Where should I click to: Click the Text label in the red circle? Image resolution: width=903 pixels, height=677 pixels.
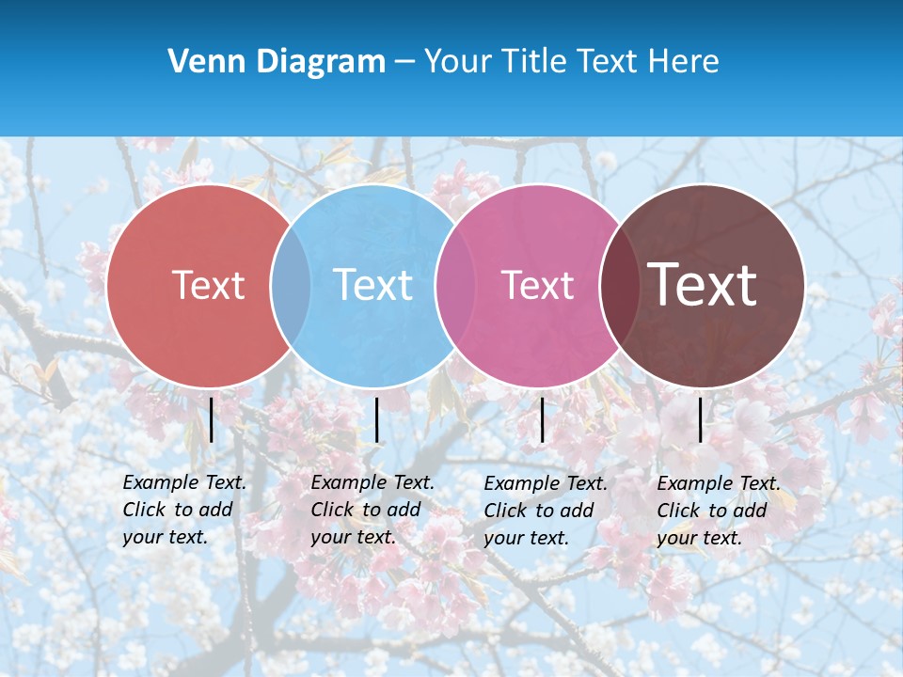coord(208,285)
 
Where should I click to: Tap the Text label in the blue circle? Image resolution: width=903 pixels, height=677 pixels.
coord(372,285)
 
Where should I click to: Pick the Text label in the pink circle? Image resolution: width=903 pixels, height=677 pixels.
coord(537,285)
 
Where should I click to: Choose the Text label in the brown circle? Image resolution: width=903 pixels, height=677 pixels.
coord(703,285)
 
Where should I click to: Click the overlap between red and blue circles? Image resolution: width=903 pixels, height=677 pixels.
coord(291,285)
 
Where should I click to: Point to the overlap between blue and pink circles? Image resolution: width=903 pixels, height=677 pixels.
coord(455,285)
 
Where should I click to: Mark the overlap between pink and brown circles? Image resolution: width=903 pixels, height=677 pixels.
coord(619,285)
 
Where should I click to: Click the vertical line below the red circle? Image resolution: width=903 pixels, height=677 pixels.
coord(212,419)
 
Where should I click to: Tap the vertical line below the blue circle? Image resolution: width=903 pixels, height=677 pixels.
coord(376,419)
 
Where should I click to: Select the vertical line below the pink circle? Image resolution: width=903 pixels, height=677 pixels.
coord(542,419)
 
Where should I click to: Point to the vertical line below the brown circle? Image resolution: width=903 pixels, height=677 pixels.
coord(700,419)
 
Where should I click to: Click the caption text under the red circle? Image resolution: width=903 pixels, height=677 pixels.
coord(184,510)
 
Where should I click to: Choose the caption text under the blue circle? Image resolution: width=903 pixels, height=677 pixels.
coord(372,510)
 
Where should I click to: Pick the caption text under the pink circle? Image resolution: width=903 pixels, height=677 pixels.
coord(546,511)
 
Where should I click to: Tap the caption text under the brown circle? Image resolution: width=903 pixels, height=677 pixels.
coord(719,511)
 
